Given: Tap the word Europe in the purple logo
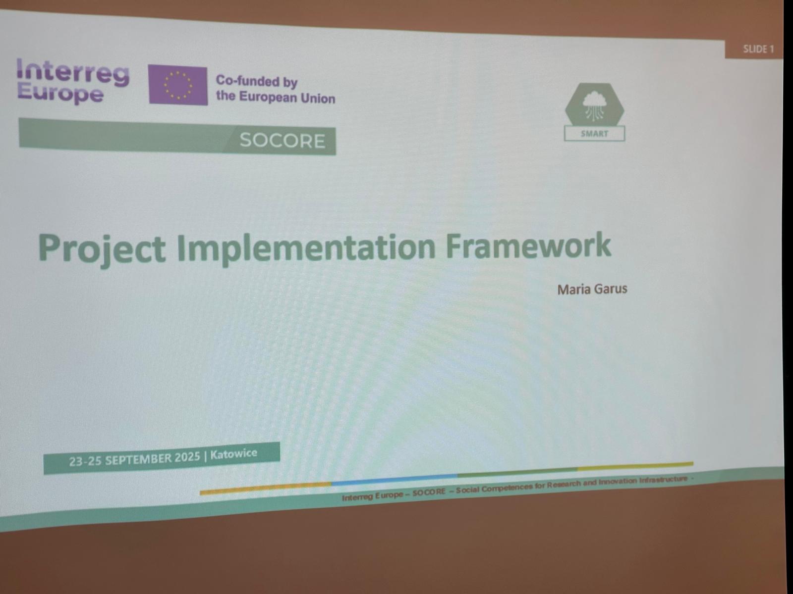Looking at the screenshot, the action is [60, 94].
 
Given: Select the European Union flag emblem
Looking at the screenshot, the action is [178, 85].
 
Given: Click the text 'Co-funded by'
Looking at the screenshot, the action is [257, 81].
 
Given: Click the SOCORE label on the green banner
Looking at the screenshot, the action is [282, 140].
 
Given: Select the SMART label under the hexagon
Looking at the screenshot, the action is [594, 134].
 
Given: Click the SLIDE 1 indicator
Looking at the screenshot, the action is [758, 49].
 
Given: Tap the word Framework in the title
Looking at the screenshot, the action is [528, 245].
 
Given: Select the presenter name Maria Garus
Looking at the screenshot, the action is [592, 289].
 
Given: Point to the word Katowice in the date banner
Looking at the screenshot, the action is [234, 454].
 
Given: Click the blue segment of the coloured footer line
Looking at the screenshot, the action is [394, 479].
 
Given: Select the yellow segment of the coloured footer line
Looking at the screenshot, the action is [635, 466].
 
